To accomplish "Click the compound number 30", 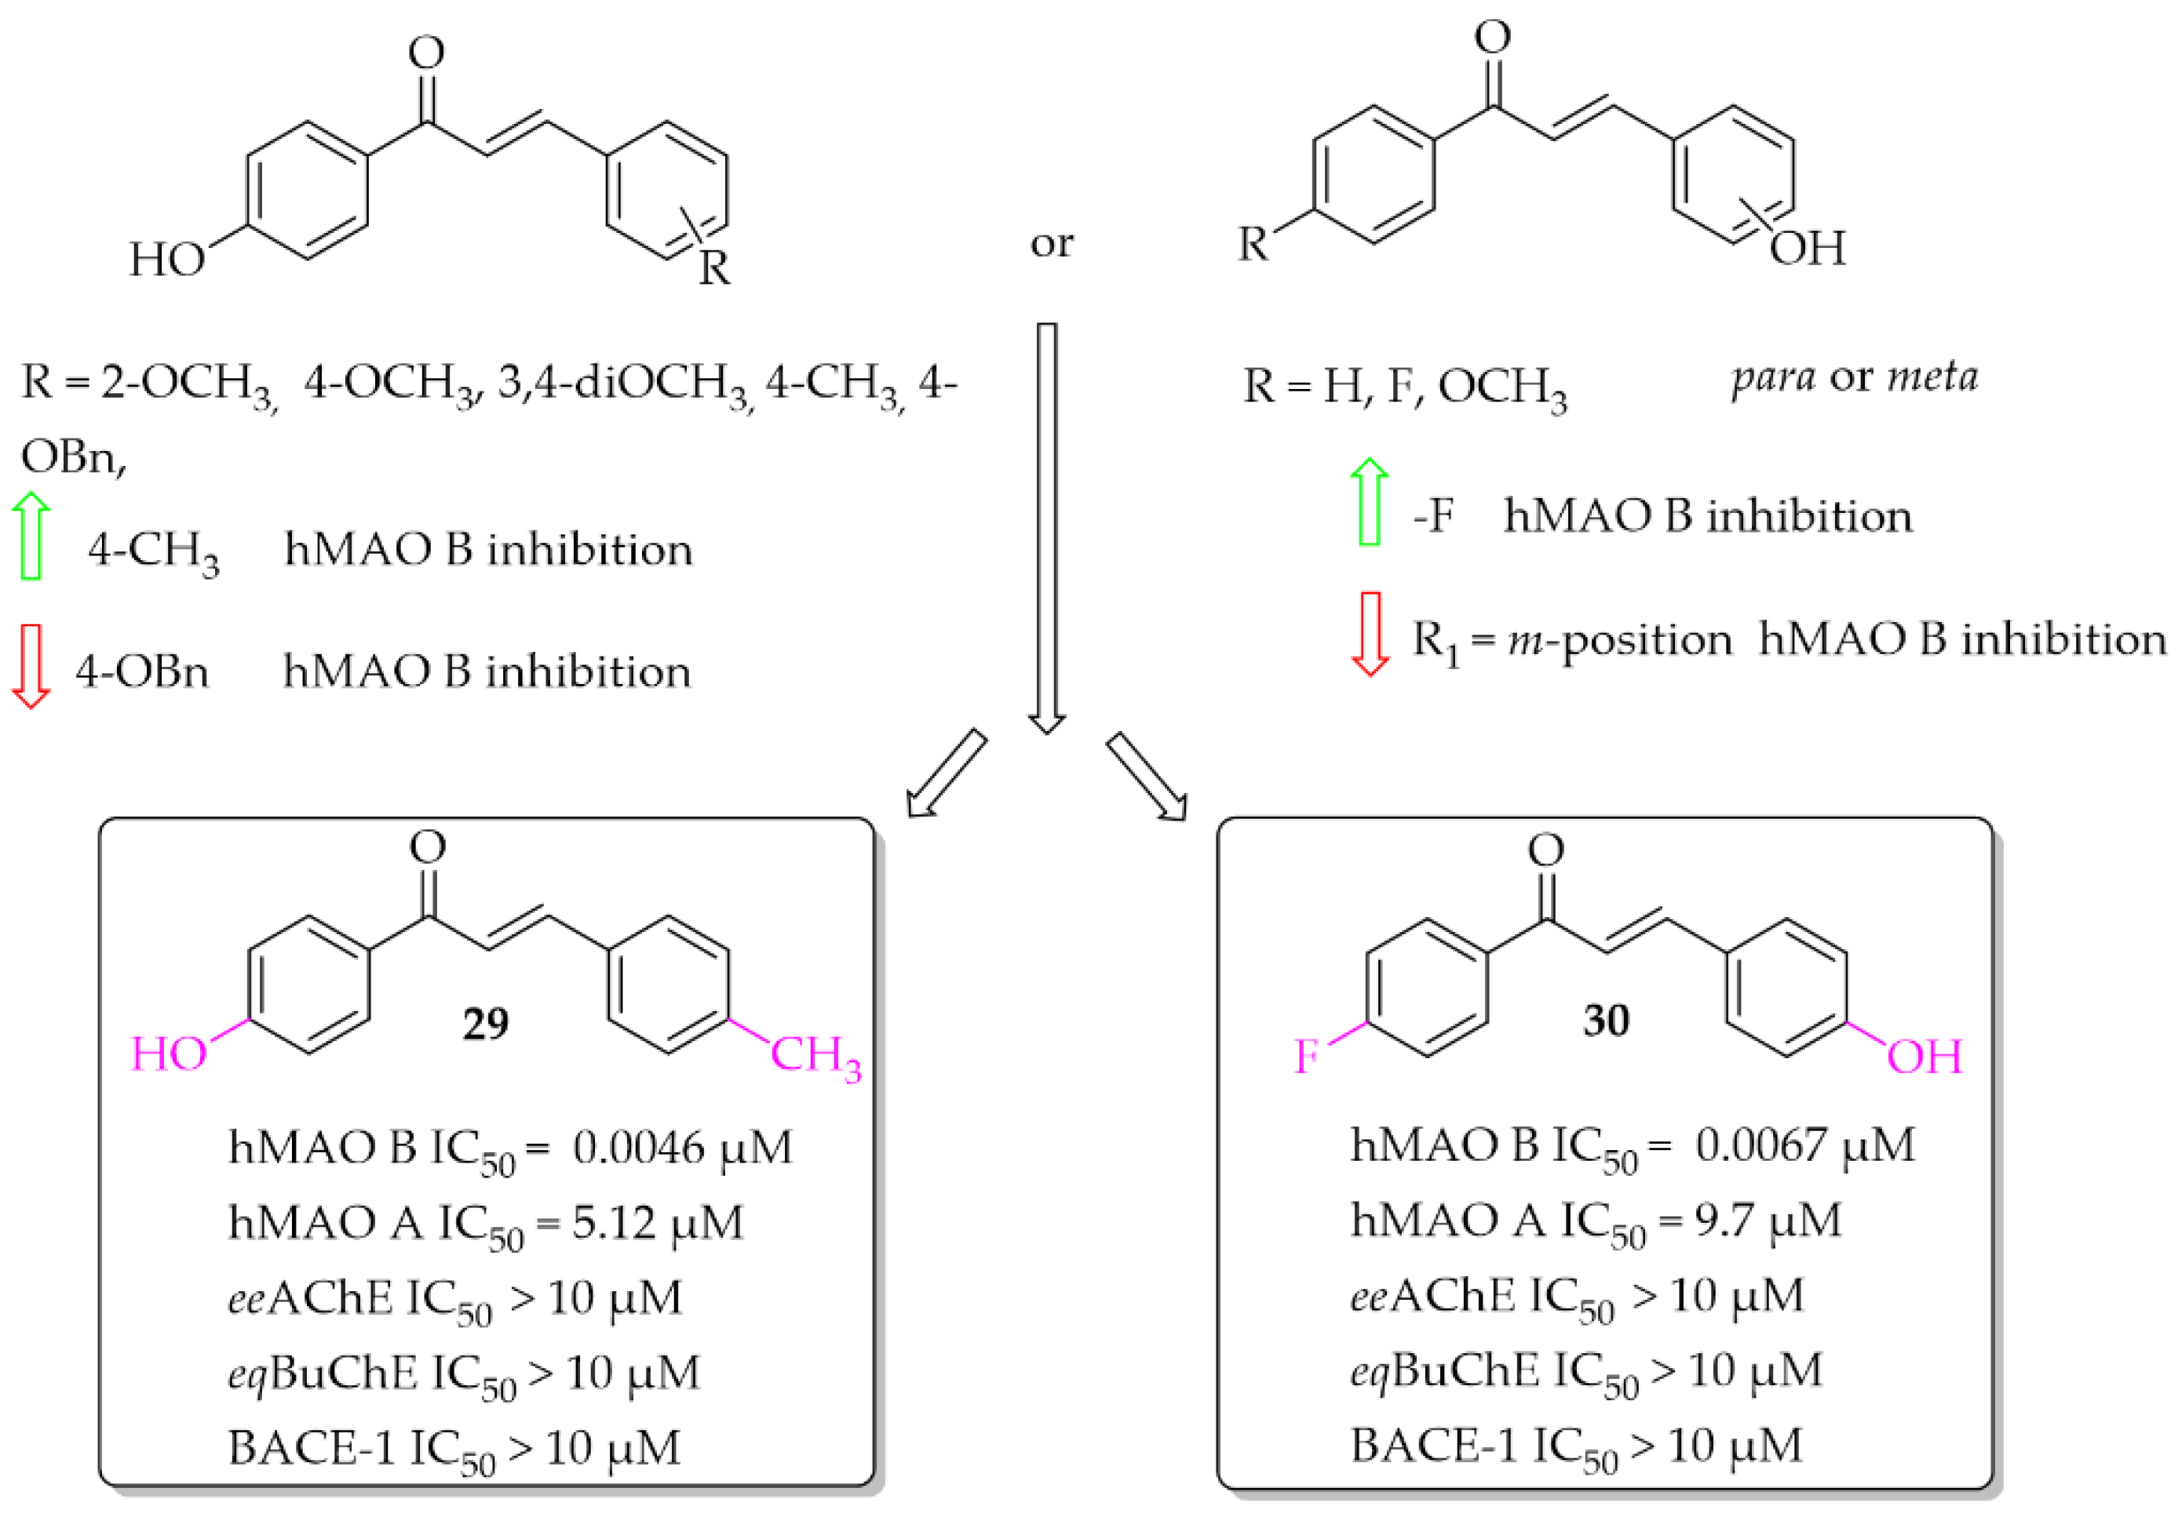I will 1606,1021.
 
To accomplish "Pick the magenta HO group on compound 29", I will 169,1054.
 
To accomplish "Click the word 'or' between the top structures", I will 1051,244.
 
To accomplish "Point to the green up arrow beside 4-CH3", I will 31,536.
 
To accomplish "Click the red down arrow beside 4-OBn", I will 31,666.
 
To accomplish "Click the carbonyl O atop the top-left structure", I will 426,52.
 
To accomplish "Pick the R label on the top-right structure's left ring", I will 1253,245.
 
